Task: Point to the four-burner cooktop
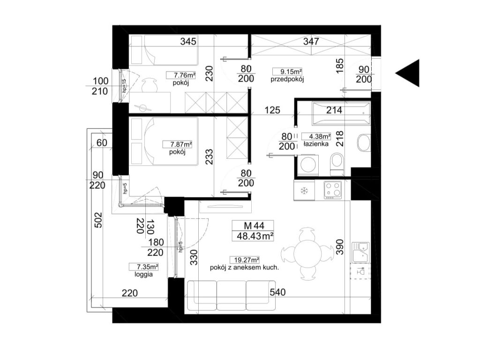click(x=333, y=190)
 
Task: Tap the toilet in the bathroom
click(x=337, y=165)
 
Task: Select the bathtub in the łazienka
click(x=341, y=114)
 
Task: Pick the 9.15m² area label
click(x=287, y=72)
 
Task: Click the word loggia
click(x=143, y=274)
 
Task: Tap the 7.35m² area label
click(x=143, y=267)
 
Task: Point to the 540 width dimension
click(x=277, y=292)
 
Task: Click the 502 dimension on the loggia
click(x=98, y=220)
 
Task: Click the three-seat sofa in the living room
click(x=231, y=295)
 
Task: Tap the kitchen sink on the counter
click(x=361, y=253)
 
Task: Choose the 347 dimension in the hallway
click(x=311, y=41)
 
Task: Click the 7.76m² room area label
click(x=181, y=75)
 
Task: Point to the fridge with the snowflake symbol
click(x=304, y=190)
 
